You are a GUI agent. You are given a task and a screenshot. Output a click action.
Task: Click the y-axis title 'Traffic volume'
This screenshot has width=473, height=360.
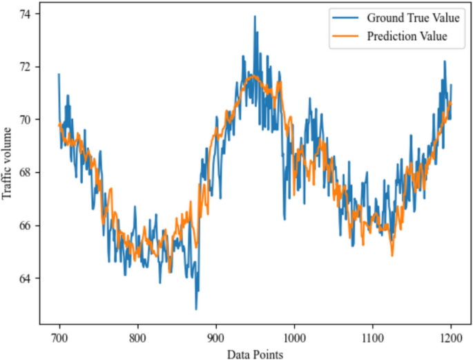pyautogui.click(x=8, y=163)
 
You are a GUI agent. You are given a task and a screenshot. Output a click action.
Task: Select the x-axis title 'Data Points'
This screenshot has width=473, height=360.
pyautogui.click(x=255, y=353)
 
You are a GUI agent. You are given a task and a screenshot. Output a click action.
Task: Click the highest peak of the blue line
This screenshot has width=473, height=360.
pyautogui.click(x=254, y=16)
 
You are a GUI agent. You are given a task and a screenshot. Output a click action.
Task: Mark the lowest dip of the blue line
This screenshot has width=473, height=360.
pyautogui.click(x=195, y=309)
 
